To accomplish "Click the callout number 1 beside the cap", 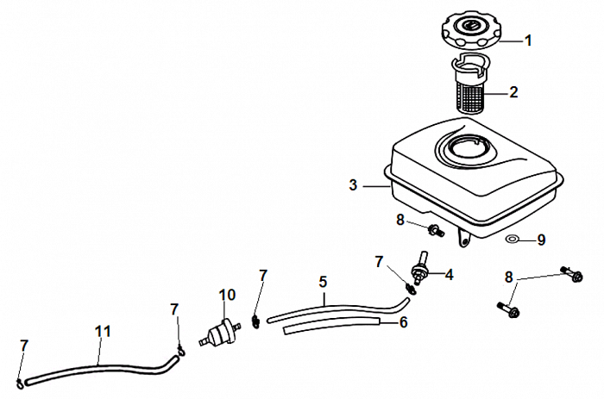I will coord(528,40).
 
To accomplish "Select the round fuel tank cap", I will coord(472,33).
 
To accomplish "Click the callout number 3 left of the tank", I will coord(353,184).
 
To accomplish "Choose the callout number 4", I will coord(450,275).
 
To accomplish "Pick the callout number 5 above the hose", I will coord(323,281).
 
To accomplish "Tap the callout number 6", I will coord(402,322).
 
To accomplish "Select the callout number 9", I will coord(541,240).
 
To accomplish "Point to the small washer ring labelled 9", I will coord(513,237).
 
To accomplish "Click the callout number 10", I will coord(227,295).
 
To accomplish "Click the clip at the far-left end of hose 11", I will coord(19,379).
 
